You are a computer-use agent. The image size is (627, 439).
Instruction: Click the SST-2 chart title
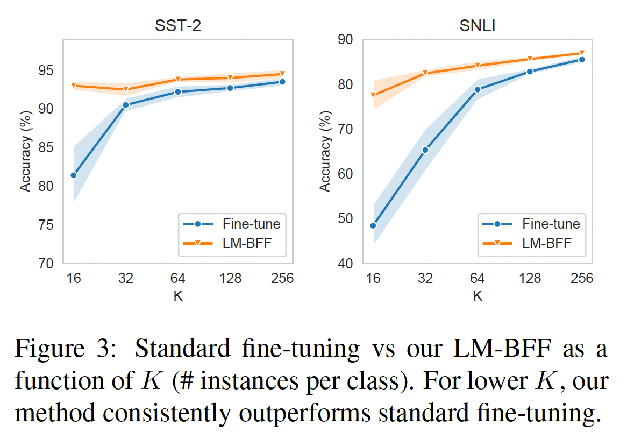point(177,26)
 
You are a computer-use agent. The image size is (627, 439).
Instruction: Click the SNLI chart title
point(478,26)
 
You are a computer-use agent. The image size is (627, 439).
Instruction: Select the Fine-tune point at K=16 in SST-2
point(74,175)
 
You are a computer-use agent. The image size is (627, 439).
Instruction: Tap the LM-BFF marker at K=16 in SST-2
point(74,86)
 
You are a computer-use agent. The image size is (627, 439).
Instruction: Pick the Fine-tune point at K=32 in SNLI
point(425,150)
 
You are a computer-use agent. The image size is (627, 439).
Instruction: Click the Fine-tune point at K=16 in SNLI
point(373,225)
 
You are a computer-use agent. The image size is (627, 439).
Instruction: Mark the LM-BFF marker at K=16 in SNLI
point(373,95)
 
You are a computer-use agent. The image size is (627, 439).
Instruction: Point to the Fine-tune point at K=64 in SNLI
point(478,89)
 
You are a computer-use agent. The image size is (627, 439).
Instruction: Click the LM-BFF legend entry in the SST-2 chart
point(232,243)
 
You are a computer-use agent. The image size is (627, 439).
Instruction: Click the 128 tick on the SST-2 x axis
point(230,278)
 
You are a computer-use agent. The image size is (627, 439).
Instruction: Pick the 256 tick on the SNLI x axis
point(581,278)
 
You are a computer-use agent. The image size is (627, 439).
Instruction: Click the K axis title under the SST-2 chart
point(177,296)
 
